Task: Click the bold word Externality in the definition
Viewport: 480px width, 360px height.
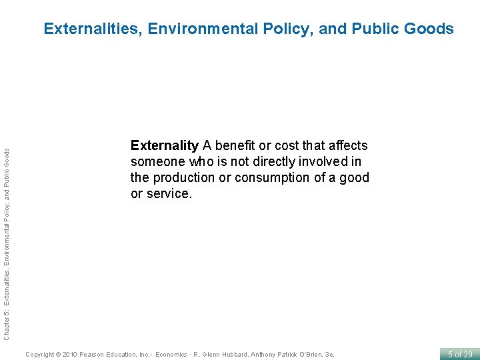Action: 164,145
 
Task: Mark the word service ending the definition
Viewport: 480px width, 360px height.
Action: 169,193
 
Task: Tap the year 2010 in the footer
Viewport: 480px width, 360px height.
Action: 69,354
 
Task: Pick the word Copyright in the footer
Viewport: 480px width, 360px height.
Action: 39,354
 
